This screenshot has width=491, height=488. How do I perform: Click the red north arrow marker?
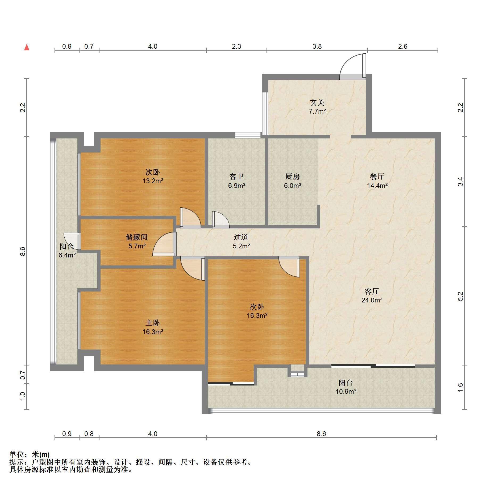tap(27, 47)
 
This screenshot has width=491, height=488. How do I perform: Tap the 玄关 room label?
tap(317, 102)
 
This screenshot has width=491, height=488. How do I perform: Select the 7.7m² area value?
tap(317, 111)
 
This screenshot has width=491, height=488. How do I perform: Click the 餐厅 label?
tap(377, 177)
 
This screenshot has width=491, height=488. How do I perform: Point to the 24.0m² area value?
tap(372, 300)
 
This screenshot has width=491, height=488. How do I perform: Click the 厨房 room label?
tap(293, 177)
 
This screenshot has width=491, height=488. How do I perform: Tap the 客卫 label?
tap(236, 177)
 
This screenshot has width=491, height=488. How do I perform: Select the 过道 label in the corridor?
tap(241, 237)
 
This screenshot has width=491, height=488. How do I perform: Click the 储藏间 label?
tap(137, 237)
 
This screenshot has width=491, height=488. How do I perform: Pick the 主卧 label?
tap(153, 323)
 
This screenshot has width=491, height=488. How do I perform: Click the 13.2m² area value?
tap(153, 181)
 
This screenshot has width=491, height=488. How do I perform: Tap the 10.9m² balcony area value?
tap(346, 391)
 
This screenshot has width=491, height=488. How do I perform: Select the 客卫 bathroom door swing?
tap(220, 219)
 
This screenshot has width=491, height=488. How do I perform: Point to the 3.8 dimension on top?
tap(317, 47)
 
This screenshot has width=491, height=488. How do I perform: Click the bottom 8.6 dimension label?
tap(321, 434)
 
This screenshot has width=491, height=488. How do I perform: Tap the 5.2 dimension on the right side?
tap(460, 296)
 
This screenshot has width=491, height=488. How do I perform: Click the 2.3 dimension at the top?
tap(236, 47)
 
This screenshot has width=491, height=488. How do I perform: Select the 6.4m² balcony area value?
tap(67, 255)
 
